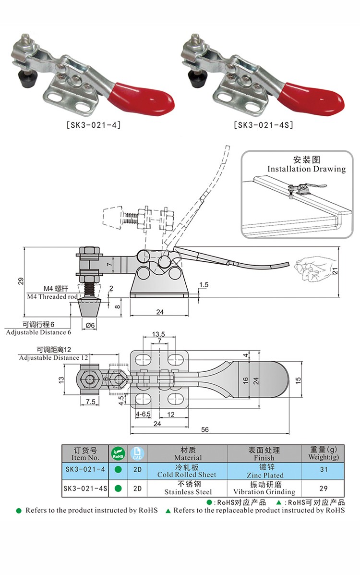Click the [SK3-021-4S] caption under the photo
click(264, 125)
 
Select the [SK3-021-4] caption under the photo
click(92, 125)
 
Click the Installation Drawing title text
click(306, 169)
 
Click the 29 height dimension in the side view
click(21, 281)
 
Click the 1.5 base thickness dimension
click(203, 285)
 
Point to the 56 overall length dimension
click(205, 429)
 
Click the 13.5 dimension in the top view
click(158, 334)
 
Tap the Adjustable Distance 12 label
click(53, 357)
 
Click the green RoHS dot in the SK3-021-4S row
click(118, 488)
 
